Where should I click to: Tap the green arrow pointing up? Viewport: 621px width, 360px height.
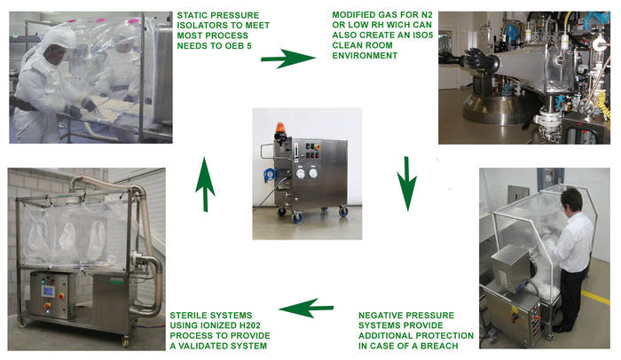(205, 184)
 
